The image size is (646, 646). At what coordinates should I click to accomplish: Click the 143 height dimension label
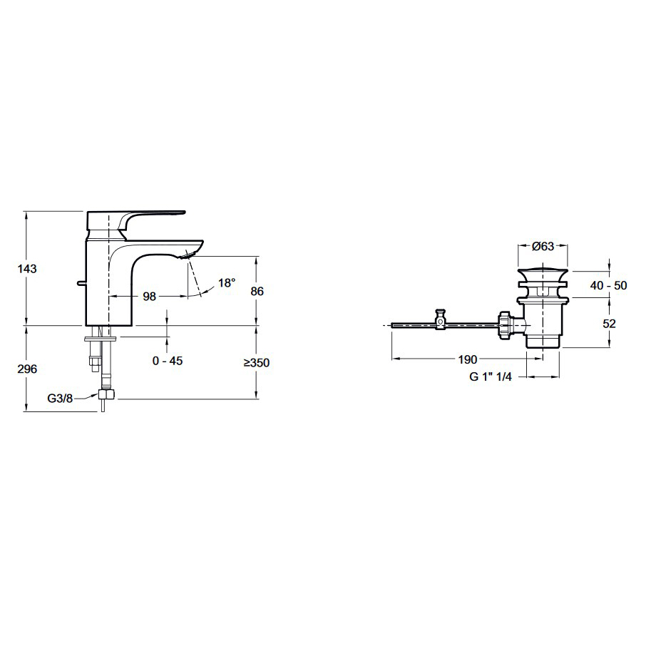tap(27, 269)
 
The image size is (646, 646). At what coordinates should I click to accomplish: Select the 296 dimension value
tap(27, 369)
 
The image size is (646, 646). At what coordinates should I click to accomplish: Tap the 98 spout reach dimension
tap(150, 296)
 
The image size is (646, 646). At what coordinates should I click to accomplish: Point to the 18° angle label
tap(227, 283)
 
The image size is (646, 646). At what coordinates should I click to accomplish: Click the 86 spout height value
tap(257, 291)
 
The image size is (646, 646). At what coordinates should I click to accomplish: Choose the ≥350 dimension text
tap(256, 362)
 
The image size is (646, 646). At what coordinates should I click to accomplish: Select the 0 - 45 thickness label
tap(168, 361)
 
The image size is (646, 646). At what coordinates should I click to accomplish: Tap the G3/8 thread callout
tap(60, 399)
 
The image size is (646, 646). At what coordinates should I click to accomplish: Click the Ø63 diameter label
tap(543, 247)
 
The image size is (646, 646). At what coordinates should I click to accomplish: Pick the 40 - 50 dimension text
tap(608, 285)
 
